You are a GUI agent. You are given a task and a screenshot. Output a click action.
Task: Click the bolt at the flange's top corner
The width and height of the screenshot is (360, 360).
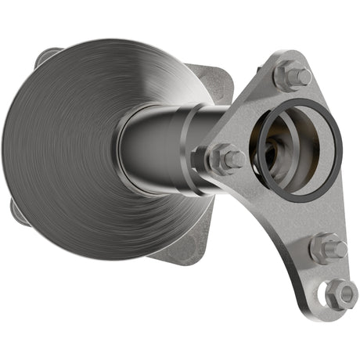291,75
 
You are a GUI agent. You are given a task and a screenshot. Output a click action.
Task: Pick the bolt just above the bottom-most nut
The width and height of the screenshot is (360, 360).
326,250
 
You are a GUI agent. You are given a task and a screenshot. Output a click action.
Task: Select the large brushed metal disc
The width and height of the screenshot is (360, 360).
70,149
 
